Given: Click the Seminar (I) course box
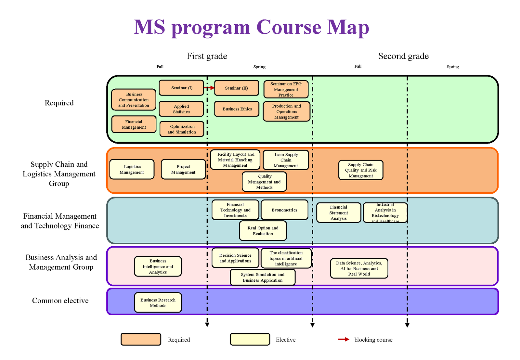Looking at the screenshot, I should (181, 88).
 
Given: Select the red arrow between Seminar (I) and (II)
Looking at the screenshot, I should (209, 88).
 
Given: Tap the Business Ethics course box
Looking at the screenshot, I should (237, 109).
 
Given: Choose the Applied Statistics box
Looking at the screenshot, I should (181, 109).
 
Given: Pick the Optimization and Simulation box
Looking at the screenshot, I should (182, 129).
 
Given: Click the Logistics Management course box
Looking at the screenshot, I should (132, 169).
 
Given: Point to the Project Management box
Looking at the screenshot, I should (183, 169).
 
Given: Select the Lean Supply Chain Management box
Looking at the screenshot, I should (286, 160).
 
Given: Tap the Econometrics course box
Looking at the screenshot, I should (284, 210).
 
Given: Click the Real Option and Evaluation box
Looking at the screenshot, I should (263, 231).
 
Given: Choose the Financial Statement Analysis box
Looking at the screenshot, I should (339, 213).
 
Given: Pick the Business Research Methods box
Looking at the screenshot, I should (158, 302).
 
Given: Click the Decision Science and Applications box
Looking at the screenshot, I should (235, 258).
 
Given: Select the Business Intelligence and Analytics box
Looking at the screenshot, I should (158, 266).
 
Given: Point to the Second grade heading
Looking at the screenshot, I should (403, 56).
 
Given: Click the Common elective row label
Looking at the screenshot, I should (60, 301).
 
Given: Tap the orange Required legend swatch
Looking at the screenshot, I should (141, 339).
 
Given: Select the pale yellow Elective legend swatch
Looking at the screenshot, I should (250, 339).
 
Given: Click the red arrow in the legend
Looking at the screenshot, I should (344, 339).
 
